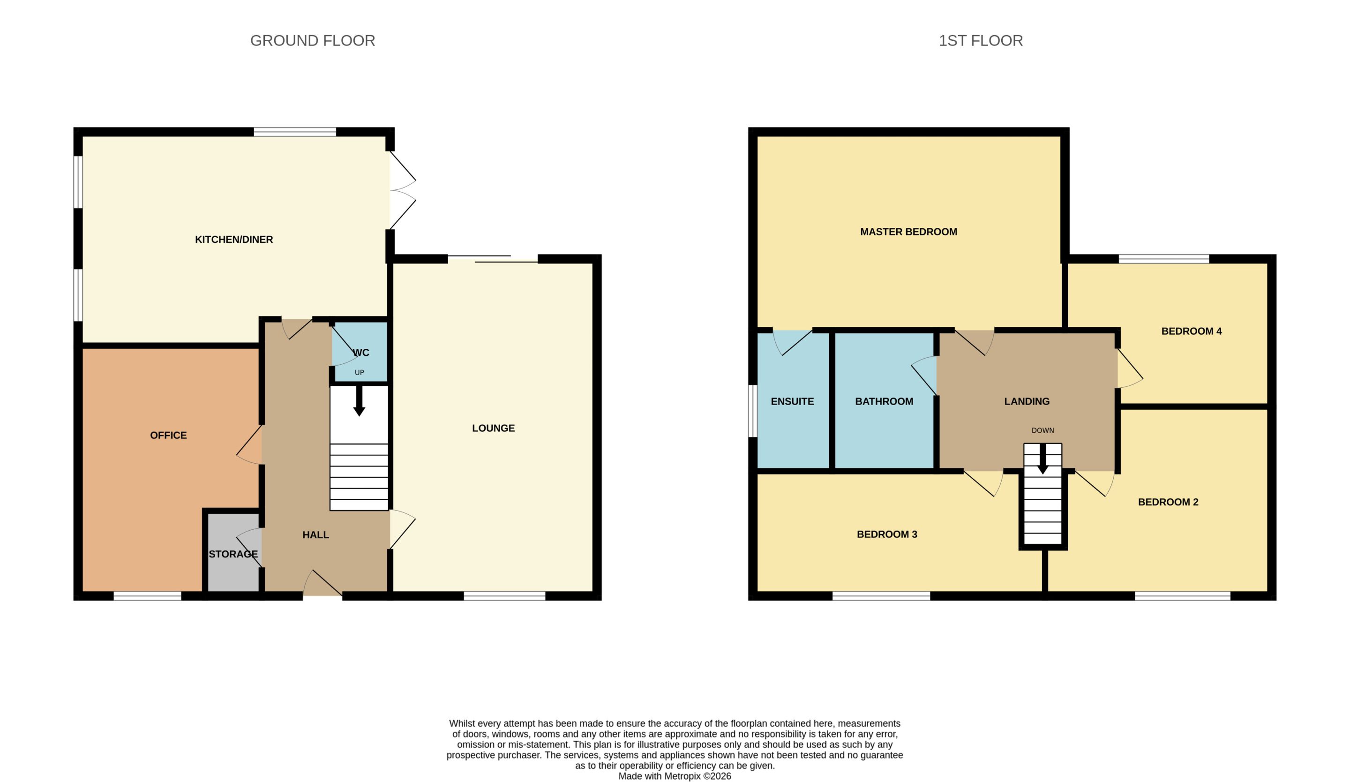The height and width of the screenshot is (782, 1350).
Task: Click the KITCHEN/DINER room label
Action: [233, 240]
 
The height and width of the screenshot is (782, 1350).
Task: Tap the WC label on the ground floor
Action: [360, 353]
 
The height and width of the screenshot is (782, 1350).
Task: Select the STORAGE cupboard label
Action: [233, 554]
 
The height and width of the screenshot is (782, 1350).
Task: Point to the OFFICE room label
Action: [168, 436]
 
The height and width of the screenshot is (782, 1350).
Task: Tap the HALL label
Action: [315, 534]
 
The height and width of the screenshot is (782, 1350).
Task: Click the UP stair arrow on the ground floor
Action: [359, 401]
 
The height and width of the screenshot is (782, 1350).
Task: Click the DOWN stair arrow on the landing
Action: [1042, 459]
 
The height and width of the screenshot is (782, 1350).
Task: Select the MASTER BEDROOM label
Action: [908, 232]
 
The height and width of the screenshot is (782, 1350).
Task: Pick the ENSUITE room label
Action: [792, 401]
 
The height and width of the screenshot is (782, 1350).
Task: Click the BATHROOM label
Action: [884, 401]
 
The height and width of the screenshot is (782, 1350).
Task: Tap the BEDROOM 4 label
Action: [1192, 331]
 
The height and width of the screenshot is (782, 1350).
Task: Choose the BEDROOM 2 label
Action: [1168, 502]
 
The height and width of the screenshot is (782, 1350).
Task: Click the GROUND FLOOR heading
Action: [312, 41]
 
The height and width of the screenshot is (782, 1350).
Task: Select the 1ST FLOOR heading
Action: [980, 41]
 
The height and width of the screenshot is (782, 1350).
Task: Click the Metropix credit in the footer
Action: [675, 776]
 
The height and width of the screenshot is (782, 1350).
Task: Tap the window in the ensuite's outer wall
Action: [753, 411]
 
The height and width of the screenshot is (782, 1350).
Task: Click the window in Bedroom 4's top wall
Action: [1163, 259]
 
